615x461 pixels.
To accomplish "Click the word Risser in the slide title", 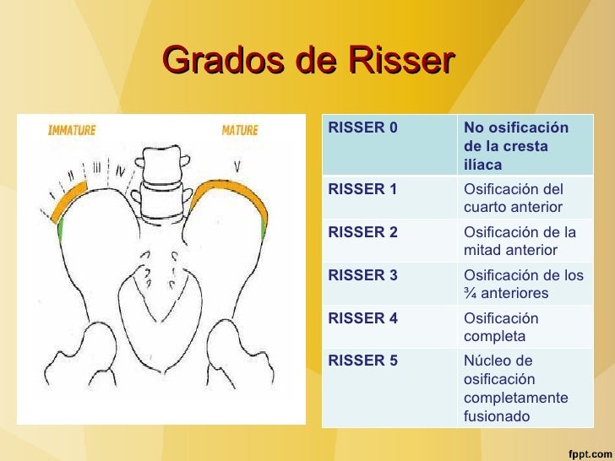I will (x=400, y=61).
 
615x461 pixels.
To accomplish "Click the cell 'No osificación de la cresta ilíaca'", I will (x=516, y=144).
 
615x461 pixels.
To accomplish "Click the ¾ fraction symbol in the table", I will (x=470, y=294).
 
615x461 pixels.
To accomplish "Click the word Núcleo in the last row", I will (x=487, y=361).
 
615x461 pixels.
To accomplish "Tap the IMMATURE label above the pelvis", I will (x=72, y=130).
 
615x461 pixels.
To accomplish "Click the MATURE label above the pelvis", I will (x=240, y=130).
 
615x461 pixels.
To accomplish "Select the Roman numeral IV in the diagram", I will (x=122, y=172).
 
